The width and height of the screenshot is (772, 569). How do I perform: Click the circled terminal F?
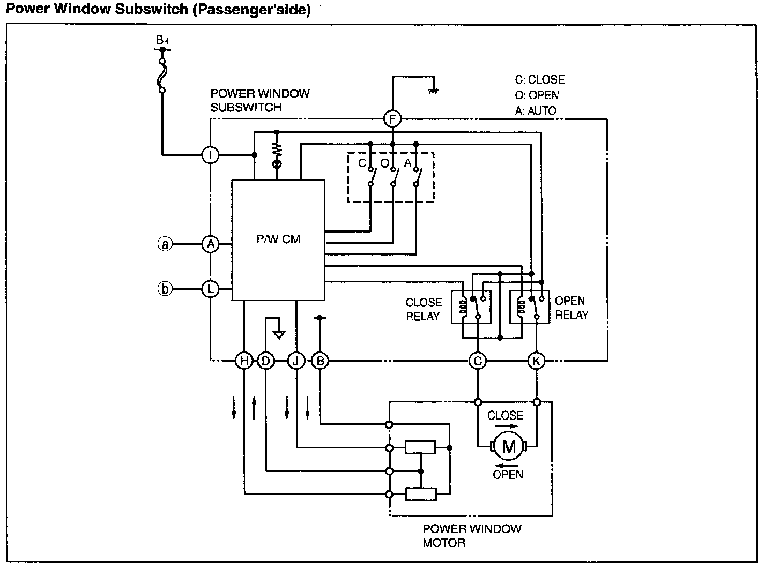392,119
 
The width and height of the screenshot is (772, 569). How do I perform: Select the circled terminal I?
210,155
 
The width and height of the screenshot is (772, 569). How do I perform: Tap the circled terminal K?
536,361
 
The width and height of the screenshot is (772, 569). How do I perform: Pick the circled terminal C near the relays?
478,361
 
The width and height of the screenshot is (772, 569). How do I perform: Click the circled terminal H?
244,361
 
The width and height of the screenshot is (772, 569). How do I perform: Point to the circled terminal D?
266,361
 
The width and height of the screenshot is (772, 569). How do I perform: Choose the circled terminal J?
296,361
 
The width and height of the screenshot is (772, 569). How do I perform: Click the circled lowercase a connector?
165,244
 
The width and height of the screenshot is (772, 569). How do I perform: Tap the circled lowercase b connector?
165,289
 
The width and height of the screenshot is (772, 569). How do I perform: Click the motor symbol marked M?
509,447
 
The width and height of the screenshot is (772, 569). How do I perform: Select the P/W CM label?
278,239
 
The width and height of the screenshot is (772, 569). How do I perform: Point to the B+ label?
162,40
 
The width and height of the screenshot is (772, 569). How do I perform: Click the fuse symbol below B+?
162,76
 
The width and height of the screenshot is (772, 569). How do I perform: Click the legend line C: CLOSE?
540,79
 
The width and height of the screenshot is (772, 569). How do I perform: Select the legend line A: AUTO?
536,110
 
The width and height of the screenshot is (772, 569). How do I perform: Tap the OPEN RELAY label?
571,308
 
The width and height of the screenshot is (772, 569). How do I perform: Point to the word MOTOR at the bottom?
444,543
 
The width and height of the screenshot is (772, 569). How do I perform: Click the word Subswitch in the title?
152,9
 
